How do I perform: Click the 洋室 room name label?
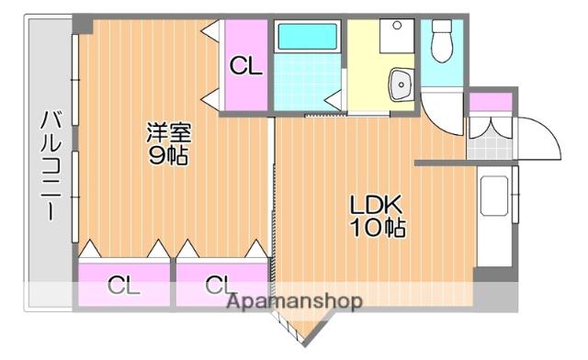167,131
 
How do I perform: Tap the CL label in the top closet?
245,65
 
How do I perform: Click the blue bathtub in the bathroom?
309,36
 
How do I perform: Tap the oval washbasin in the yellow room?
401,85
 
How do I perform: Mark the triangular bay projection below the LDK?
303,324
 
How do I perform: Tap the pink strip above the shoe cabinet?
488,101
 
